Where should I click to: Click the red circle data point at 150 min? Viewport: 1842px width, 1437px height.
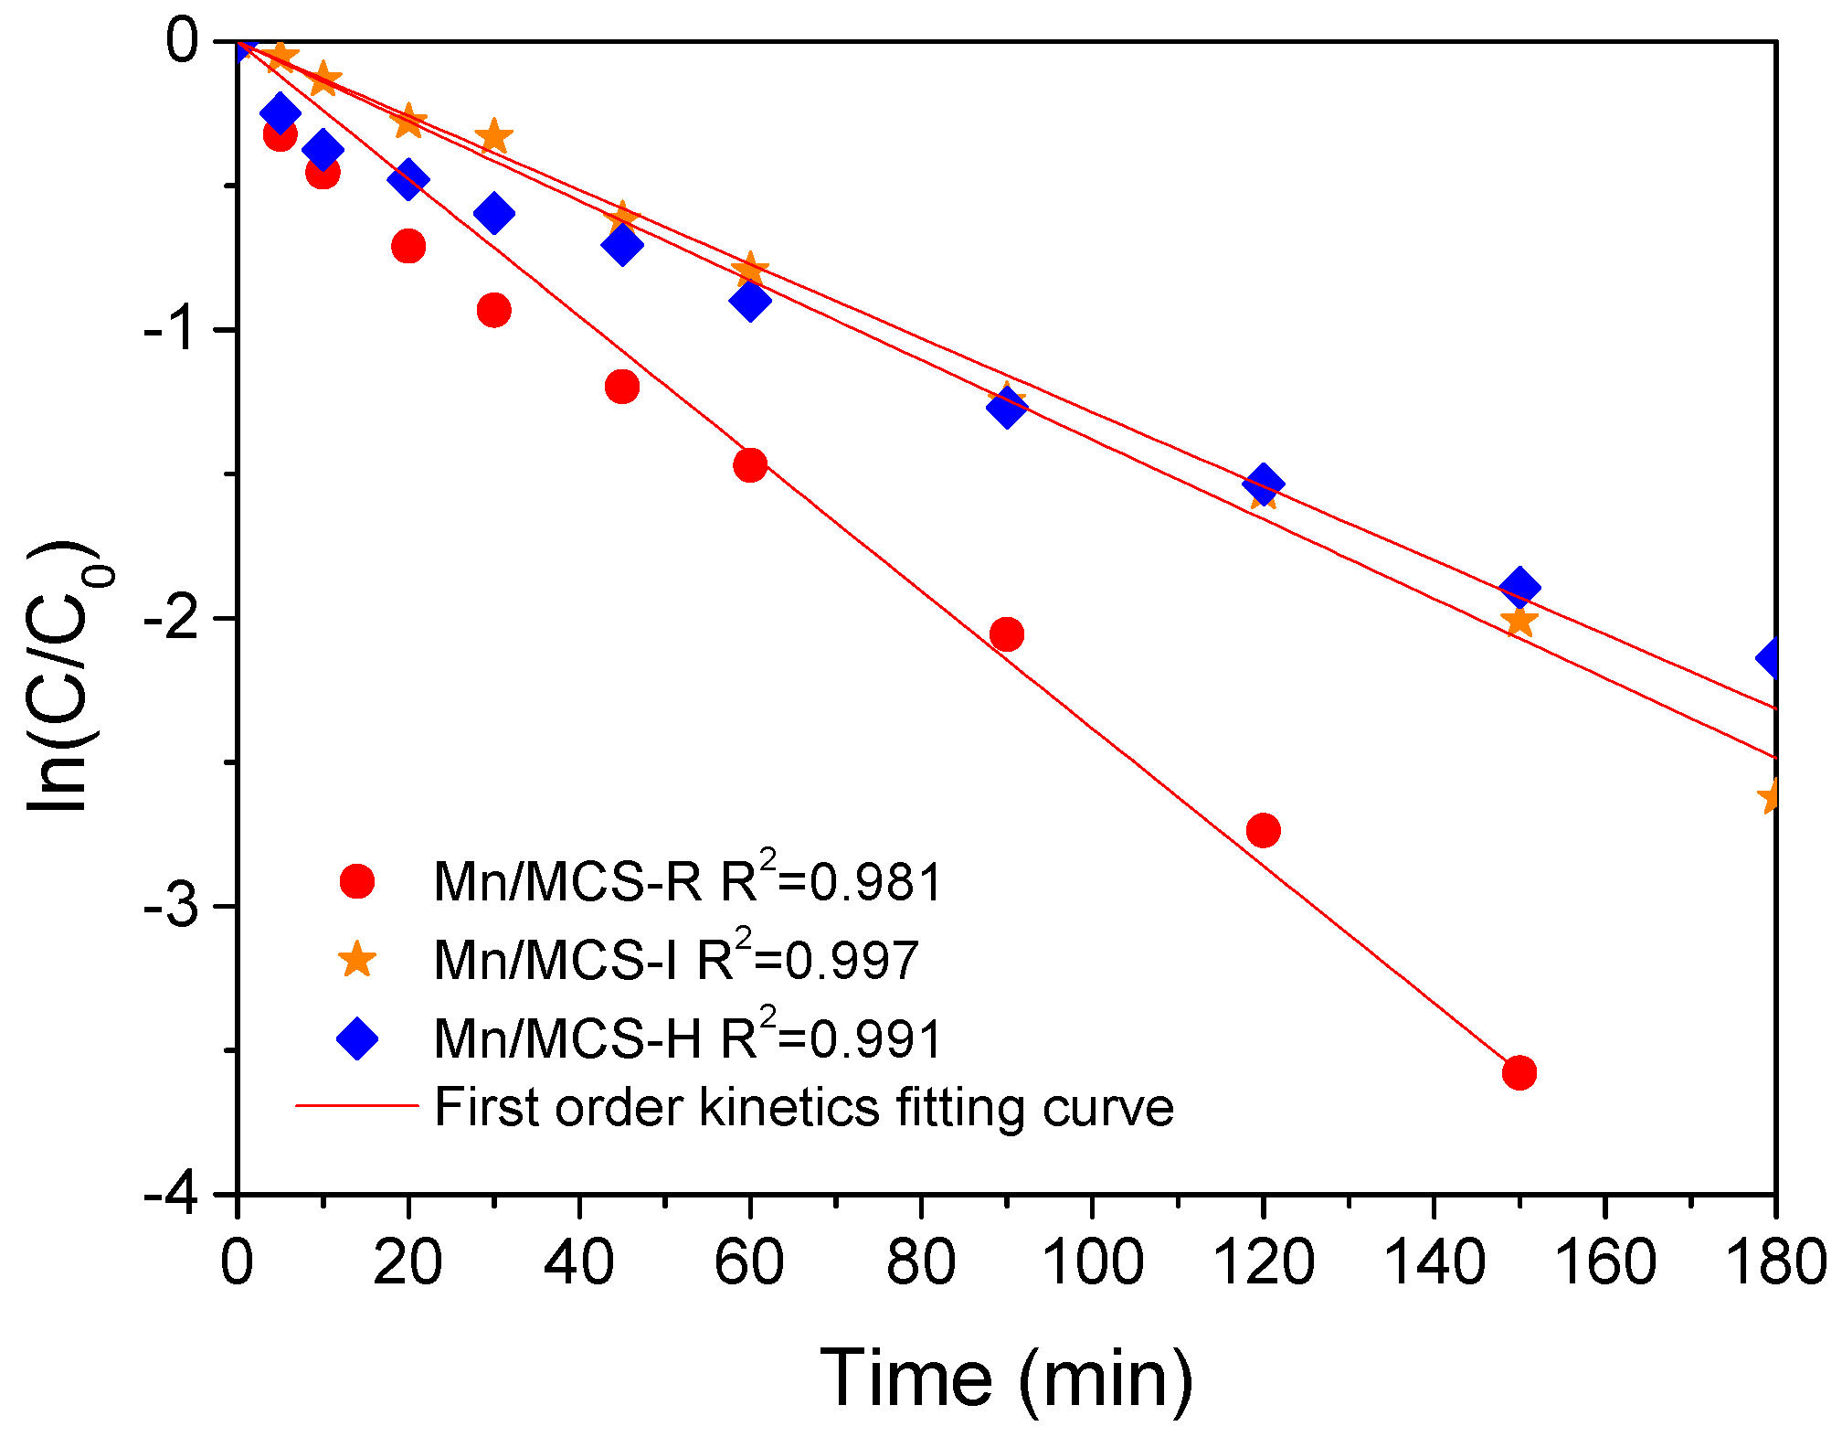[x=1519, y=1071]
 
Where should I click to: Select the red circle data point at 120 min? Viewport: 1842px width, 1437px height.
[x=1263, y=830]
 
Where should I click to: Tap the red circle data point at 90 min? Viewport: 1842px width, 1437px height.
[x=1006, y=633]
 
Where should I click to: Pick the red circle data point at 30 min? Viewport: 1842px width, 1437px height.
[x=493, y=310]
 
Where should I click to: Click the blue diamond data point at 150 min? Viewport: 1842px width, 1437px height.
[x=1519, y=588]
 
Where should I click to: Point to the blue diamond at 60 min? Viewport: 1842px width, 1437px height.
[x=750, y=300]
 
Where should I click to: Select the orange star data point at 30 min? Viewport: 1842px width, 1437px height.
[x=493, y=137]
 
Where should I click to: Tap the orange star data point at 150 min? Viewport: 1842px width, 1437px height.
[x=1519, y=622]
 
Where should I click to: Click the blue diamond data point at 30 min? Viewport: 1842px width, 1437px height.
[x=493, y=213]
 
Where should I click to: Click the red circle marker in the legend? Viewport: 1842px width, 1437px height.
[x=356, y=881]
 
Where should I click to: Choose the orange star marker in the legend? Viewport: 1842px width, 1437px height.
[x=356, y=960]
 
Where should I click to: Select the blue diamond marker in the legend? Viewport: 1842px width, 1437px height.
[x=356, y=1038]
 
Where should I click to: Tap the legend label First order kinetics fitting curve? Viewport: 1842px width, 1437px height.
[x=802, y=1108]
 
